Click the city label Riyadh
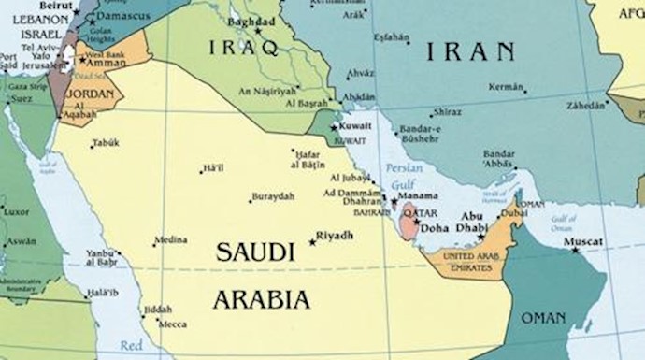point(336,236)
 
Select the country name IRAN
point(470,51)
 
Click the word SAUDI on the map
point(249,252)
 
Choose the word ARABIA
point(261,299)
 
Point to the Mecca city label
point(172,324)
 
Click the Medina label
point(171,240)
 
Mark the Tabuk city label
point(106,143)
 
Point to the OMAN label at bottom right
point(543,319)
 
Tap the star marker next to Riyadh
point(312,241)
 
